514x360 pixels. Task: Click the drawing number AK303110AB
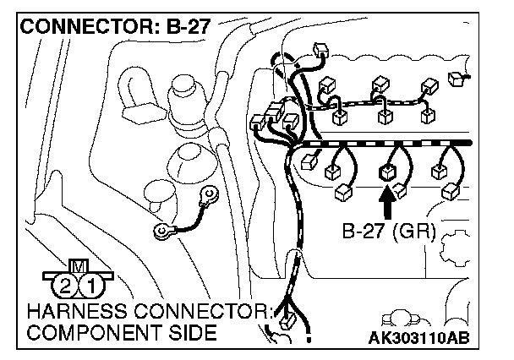click(419, 340)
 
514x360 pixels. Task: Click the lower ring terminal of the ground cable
click(161, 230)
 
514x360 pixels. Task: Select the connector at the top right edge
click(461, 79)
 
